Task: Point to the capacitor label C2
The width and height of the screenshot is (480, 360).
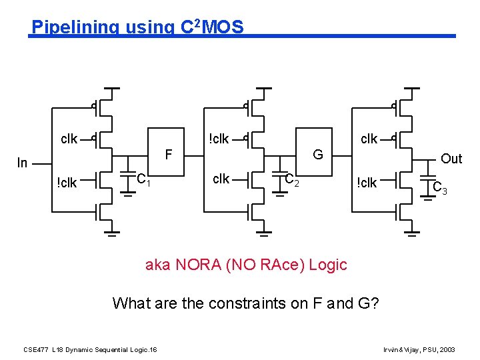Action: point(292,179)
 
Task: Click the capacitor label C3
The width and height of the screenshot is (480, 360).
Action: point(440,188)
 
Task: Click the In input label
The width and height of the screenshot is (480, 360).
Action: point(23,163)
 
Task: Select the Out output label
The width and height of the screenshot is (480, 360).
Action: point(451,159)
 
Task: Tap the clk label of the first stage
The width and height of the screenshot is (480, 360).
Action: point(69,139)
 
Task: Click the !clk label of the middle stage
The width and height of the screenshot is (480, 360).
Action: point(219,139)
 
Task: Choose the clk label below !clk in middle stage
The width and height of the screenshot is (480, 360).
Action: point(221,179)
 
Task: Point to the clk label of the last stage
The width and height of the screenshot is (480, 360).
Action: point(369,139)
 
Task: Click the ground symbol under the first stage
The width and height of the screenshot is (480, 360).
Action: point(113,233)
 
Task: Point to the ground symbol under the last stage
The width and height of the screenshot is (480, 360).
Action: point(413,233)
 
